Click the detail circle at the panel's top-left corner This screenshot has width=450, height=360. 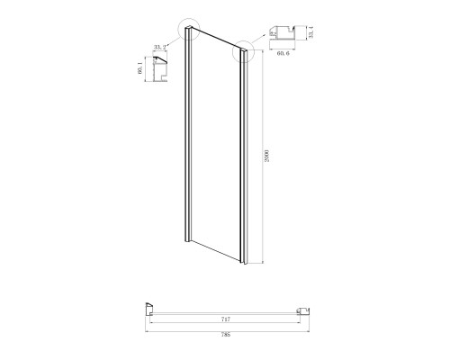point(189,35)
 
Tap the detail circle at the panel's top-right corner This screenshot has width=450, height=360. point(244,55)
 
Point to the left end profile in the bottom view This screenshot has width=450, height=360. point(147,309)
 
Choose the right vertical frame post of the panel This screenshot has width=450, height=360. point(242,162)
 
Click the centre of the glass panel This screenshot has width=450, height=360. point(215,148)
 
